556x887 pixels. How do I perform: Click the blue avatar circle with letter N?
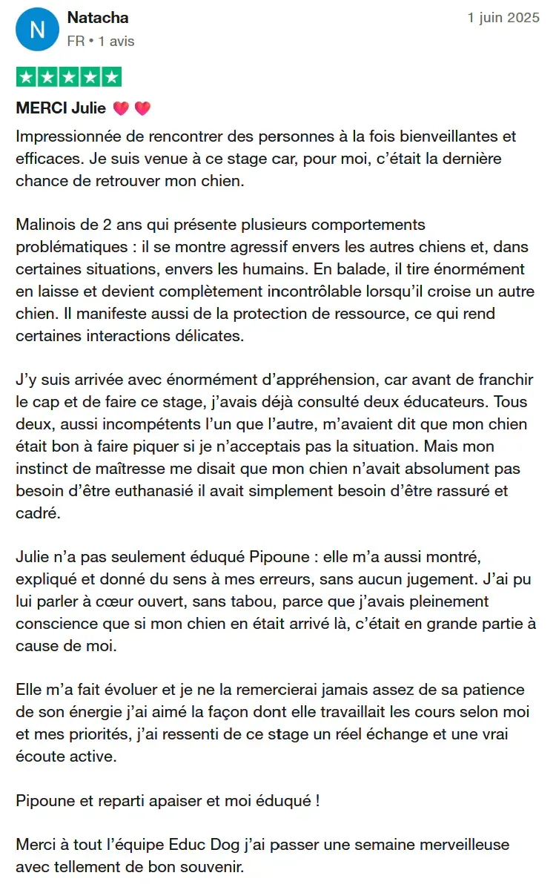click(37, 29)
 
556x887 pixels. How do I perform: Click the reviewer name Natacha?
click(98, 17)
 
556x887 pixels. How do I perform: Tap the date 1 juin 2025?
click(503, 18)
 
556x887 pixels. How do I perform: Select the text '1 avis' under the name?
click(116, 42)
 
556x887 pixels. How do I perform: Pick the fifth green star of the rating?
click(110, 77)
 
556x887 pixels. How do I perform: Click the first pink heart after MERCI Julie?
click(122, 108)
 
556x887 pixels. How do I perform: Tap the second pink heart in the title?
click(142, 108)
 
